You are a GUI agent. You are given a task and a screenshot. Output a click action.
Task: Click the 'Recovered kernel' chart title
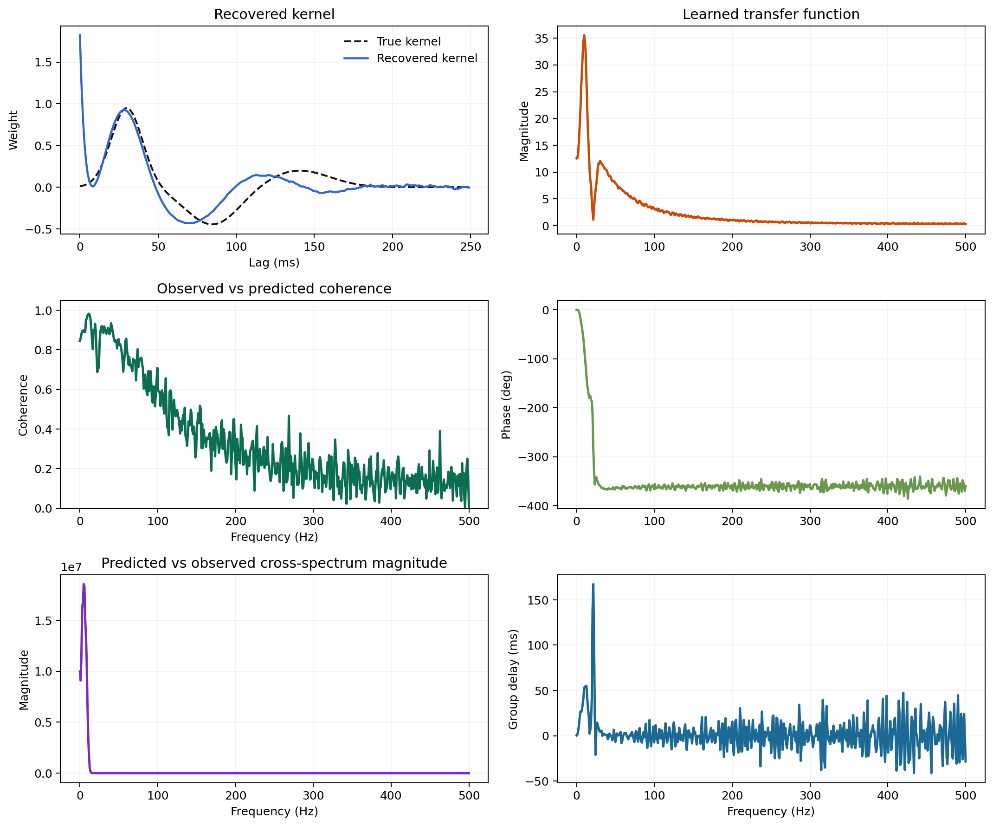point(274,14)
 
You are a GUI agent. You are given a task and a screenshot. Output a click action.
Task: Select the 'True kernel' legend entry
point(408,42)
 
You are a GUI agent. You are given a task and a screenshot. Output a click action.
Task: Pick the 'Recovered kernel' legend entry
point(426,58)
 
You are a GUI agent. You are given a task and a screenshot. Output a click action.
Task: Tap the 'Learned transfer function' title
point(771,14)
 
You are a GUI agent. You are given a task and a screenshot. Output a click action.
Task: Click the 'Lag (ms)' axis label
point(274,262)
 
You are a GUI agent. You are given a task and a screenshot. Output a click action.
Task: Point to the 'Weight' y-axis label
point(13,130)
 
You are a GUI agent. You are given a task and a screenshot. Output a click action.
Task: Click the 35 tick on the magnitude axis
point(542,39)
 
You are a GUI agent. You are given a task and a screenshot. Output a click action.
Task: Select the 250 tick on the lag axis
point(470,247)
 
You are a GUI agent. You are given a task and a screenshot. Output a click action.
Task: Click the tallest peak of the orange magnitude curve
point(584,35)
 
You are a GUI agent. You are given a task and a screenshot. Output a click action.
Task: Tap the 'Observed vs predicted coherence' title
point(274,289)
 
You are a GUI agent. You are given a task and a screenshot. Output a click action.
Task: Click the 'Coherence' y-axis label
point(23,405)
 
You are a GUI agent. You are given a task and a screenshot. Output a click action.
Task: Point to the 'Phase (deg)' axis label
point(506,405)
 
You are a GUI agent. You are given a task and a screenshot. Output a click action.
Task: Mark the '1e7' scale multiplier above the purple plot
point(71,567)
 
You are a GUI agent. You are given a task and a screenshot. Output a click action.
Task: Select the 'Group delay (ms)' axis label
point(513,679)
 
